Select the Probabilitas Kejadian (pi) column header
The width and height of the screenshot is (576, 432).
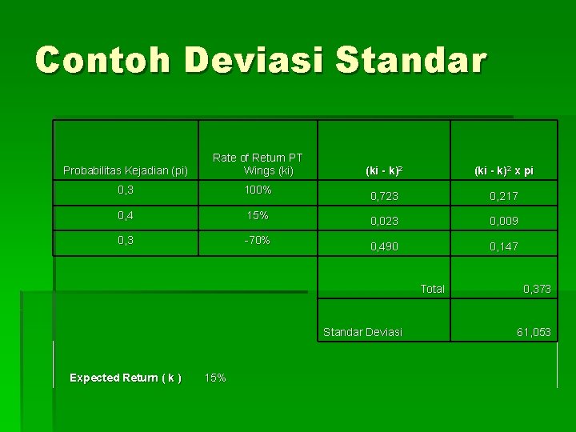click(x=126, y=170)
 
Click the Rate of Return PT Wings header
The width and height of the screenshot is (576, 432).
click(x=258, y=164)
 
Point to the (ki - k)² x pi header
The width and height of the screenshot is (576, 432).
click(x=504, y=170)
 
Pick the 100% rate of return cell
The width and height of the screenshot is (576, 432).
click(x=258, y=190)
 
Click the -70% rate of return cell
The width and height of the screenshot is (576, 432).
click(x=258, y=240)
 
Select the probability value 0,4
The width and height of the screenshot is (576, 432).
click(x=126, y=215)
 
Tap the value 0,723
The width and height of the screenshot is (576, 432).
click(x=384, y=196)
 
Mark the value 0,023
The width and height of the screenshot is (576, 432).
click(x=384, y=221)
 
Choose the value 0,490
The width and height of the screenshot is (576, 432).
click(x=384, y=246)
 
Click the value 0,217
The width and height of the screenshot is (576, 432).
click(x=504, y=196)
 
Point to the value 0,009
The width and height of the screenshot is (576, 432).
click(x=504, y=221)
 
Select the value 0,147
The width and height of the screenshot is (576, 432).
click(x=504, y=246)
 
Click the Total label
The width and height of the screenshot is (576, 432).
click(x=432, y=289)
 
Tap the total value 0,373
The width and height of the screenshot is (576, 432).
click(x=537, y=289)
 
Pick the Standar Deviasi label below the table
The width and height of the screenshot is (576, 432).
click(x=362, y=332)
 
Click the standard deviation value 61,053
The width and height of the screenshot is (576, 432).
click(x=534, y=332)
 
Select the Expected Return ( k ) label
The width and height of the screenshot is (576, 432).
click(x=126, y=378)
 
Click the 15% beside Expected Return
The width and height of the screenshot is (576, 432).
click(x=216, y=378)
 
